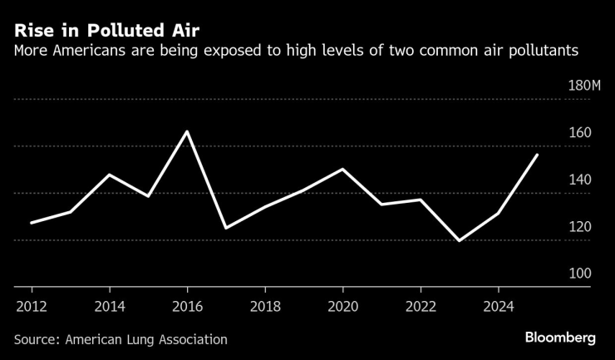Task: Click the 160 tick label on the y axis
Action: coord(579,133)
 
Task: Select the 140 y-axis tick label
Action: coord(579,180)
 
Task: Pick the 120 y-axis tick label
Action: coord(579,227)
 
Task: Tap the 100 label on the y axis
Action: coord(579,274)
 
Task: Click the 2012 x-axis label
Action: coord(32,305)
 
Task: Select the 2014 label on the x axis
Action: coord(110,305)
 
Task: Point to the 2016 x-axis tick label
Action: coord(187,305)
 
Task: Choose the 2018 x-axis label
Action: coord(265,305)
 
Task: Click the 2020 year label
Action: coord(343,305)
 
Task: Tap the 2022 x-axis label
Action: coord(421,305)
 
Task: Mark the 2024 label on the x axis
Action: coord(499,305)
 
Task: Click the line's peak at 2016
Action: coord(187,131)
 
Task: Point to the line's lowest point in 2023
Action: coord(459,241)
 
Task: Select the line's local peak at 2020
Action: coord(342,169)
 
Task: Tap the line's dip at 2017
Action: coord(226,228)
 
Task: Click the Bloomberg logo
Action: coord(560,338)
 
